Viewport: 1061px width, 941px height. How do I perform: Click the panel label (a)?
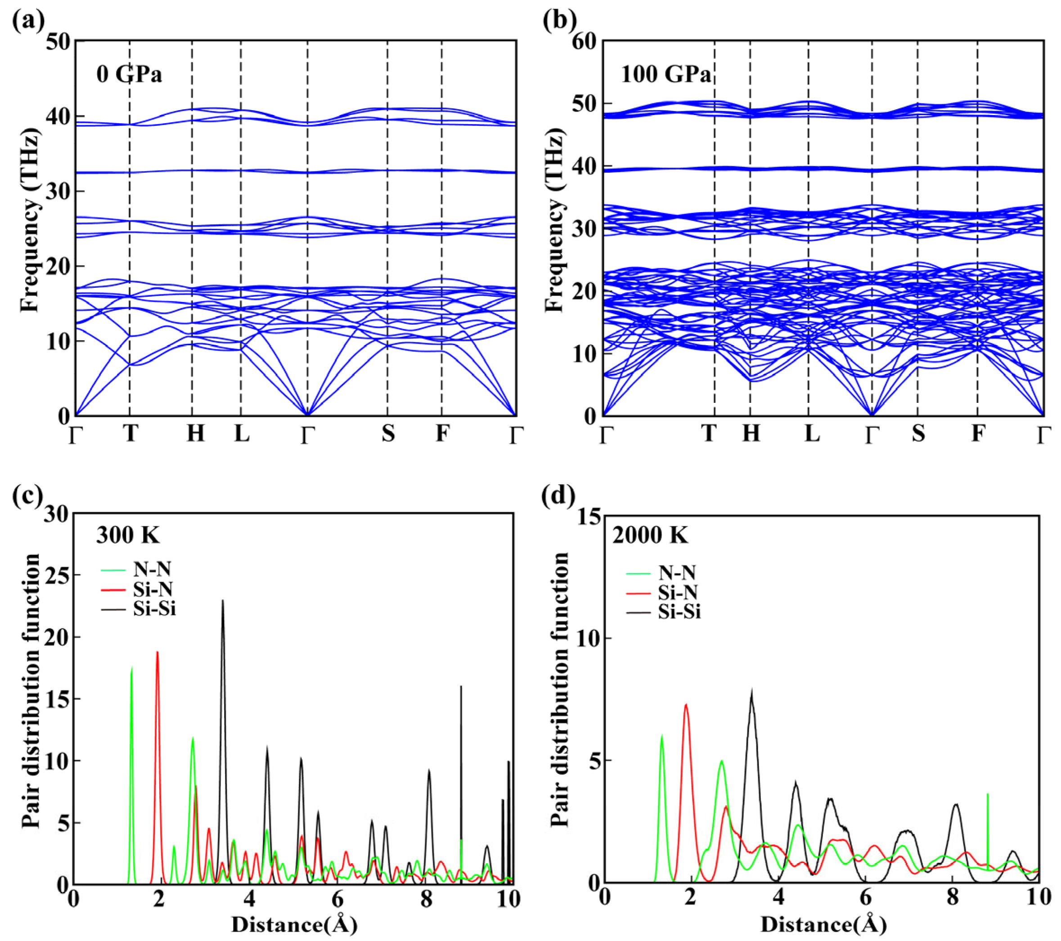point(28,20)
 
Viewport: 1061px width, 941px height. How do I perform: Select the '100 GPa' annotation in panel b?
point(666,75)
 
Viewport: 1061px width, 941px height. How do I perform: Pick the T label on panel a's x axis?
point(130,433)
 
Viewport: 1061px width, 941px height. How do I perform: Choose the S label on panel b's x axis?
point(918,433)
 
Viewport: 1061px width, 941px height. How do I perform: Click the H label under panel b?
point(751,433)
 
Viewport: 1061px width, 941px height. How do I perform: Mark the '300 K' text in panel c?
point(128,535)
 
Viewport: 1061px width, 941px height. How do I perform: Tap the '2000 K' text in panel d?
point(650,535)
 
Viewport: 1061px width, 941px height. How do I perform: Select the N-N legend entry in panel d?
point(677,573)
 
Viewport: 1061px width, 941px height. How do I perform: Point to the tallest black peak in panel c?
point(223,601)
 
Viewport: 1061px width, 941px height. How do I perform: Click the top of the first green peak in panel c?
point(132,668)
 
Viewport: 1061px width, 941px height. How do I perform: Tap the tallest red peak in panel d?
point(686,705)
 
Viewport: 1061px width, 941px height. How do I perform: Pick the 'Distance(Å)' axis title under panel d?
point(823,924)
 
